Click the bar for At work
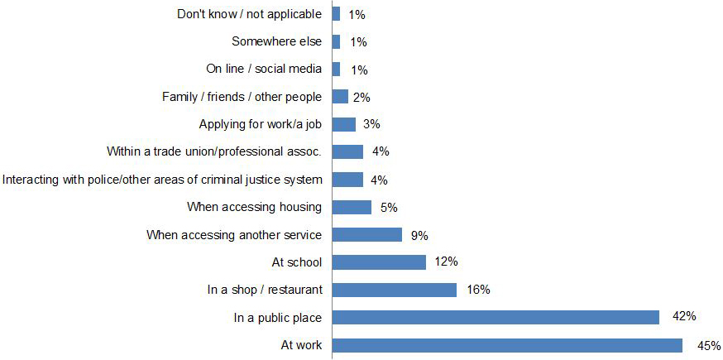pos(507,345)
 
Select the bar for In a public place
pos(496,317)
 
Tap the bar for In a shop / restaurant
pos(395,290)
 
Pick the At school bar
pos(379,262)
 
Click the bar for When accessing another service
pos(367,234)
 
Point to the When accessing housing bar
pos(352,207)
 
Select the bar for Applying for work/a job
pos(344,124)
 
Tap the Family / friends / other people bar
pos(340,97)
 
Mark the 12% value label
pos(447,262)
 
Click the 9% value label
pos(419,235)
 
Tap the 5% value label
pos(389,207)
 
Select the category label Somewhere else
pos(276,41)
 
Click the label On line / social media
pos(263,69)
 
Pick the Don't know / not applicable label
pos(249,14)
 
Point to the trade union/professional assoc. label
pos(214,151)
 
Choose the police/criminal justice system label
pos(162,180)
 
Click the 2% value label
pos(361,97)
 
